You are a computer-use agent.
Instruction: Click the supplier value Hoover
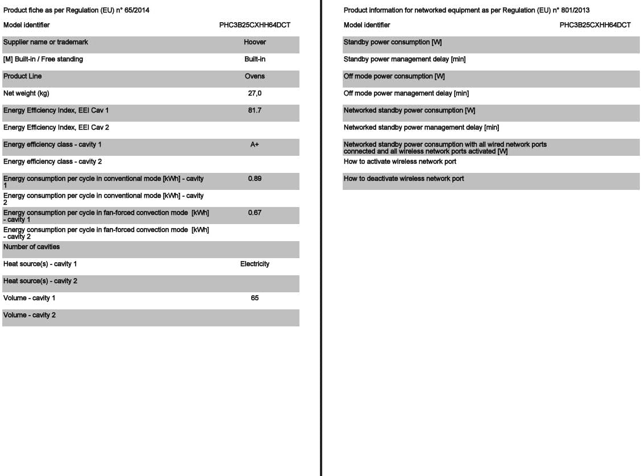[255, 42]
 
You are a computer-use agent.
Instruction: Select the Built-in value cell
[255, 59]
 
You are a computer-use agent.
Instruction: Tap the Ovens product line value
[255, 76]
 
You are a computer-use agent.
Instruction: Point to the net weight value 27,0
[255, 93]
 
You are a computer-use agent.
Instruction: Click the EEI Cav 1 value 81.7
[255, 110]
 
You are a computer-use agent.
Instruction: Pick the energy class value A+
[255, 144]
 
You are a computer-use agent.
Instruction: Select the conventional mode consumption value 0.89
[255, 179]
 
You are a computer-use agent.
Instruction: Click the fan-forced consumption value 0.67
[255, 213]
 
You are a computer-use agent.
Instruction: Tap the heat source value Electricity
[255, 264]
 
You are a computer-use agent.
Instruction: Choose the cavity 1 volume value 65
[255, 298]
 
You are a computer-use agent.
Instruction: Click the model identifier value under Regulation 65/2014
[255, 25]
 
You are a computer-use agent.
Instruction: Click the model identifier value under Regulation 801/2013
[595, 25]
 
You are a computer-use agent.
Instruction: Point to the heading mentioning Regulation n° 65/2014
[77, 10]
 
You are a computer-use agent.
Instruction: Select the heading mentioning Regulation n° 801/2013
[467, 10]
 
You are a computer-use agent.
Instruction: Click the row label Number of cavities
[32, 247]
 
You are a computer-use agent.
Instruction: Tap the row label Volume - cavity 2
[30, 315]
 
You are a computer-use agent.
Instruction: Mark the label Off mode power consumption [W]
[394, 76]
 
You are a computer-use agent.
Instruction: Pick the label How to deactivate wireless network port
[403, 179]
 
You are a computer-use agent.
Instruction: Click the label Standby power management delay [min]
[405, 59]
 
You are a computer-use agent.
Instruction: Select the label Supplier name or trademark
[46, 42]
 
